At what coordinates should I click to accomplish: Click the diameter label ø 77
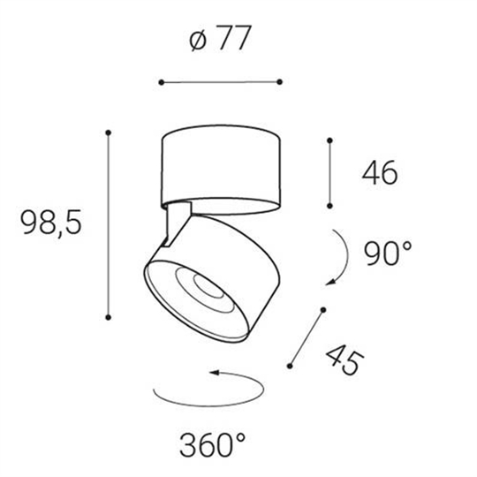220,38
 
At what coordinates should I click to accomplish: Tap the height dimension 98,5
51,222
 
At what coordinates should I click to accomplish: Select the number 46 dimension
380,172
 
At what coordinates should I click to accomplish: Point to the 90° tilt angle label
388,254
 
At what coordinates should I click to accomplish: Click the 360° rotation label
212,445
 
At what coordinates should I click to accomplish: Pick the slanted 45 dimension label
344,360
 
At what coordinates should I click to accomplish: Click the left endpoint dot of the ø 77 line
162,82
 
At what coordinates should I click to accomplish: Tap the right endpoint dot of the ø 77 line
280,82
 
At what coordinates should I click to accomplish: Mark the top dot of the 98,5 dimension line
108,132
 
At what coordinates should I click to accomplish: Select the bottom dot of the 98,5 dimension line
108,317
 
